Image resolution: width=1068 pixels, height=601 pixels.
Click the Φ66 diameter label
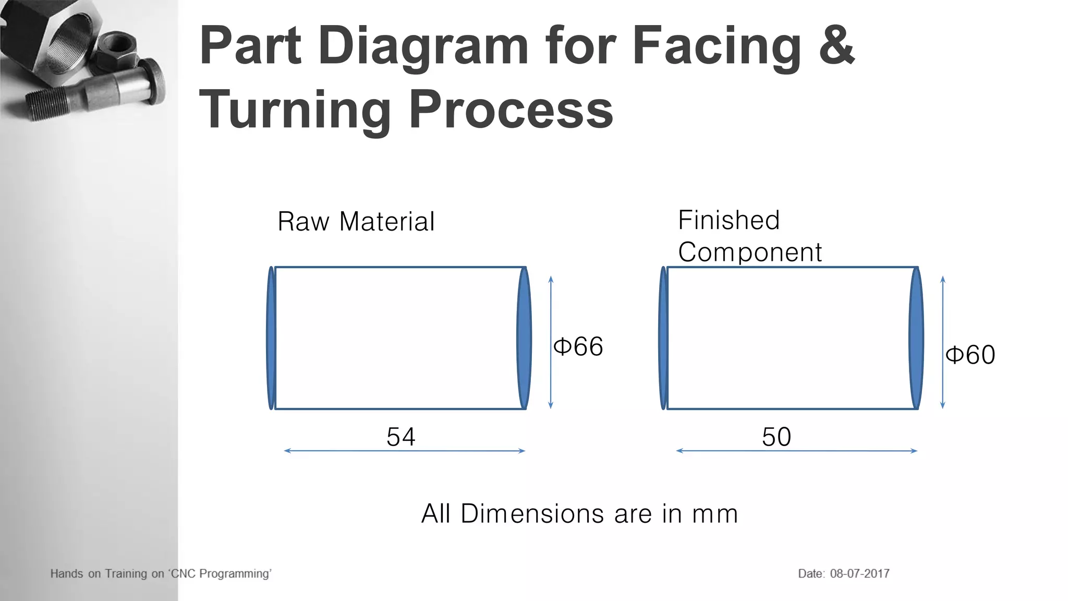[x=578, y=346]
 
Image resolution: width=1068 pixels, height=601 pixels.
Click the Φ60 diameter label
[x=970, y=355]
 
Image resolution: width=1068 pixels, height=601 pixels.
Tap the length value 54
[x=400, y=437]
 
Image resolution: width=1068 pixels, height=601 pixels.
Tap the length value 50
[x=776, y=437]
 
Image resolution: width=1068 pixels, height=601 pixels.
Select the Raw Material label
[x=356, y=221]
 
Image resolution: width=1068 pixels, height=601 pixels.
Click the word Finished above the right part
[x=729, y=220]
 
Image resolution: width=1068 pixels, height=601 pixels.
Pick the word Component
[x=749, y=253]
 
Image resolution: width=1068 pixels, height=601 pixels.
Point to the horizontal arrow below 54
[x=404, y=451]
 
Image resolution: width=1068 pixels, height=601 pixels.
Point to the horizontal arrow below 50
[x=796, y=451]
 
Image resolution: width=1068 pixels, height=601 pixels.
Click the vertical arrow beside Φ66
[x=551, y=342]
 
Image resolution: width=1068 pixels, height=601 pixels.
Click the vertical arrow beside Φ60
[x=942, y=342]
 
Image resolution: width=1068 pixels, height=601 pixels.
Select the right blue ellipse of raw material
[x=524, y=338]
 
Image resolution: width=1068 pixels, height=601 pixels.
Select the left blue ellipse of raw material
[x=271, y=338]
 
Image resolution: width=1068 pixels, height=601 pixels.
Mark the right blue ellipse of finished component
[x=916, y=338]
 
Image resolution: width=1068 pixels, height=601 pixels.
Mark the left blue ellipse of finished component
[x=663, y=338]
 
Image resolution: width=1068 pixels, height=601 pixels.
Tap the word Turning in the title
[x=295, y=110]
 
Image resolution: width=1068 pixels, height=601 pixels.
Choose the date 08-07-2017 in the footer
[x=859, y=573]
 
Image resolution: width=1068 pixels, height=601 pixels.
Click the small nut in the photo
[x=117, y=50]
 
